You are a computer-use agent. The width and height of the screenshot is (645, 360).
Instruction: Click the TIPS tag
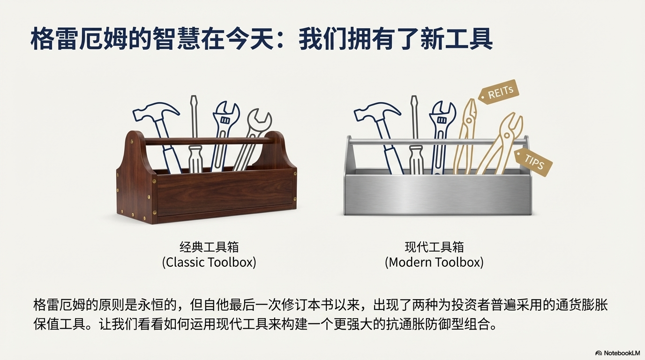pos(533,162)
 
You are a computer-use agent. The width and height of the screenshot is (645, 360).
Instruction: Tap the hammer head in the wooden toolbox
pos(156,112)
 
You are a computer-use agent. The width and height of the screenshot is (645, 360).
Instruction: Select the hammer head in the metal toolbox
pos(376,112)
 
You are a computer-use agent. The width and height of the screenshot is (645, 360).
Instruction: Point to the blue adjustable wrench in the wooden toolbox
pos(224,135)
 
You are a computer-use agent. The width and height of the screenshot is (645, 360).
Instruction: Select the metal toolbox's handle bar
pos(438,142)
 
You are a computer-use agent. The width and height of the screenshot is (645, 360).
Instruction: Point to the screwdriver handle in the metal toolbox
pos(416,160)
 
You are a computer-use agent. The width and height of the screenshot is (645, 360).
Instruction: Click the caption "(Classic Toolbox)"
pos(209,262)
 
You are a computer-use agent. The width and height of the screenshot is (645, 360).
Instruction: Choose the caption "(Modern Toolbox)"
pos(434,262)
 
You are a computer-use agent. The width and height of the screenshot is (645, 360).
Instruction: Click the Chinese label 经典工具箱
pos(209,247)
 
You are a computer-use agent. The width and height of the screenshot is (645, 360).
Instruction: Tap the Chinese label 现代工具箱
pos(434,247)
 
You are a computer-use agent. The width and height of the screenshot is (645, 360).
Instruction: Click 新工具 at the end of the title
pos(457,38)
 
